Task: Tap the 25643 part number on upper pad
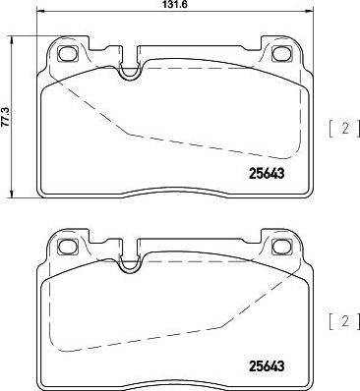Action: pos(267,174)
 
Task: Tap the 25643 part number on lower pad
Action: pos(267,366)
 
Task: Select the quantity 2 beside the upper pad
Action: pos(345,129)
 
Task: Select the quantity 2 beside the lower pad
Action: pos(345,321)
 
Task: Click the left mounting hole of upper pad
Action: pos(68,53)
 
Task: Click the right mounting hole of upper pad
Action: pos(281,53)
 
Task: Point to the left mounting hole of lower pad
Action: pos(68,246)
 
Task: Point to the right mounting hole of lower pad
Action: pos(281,246)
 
